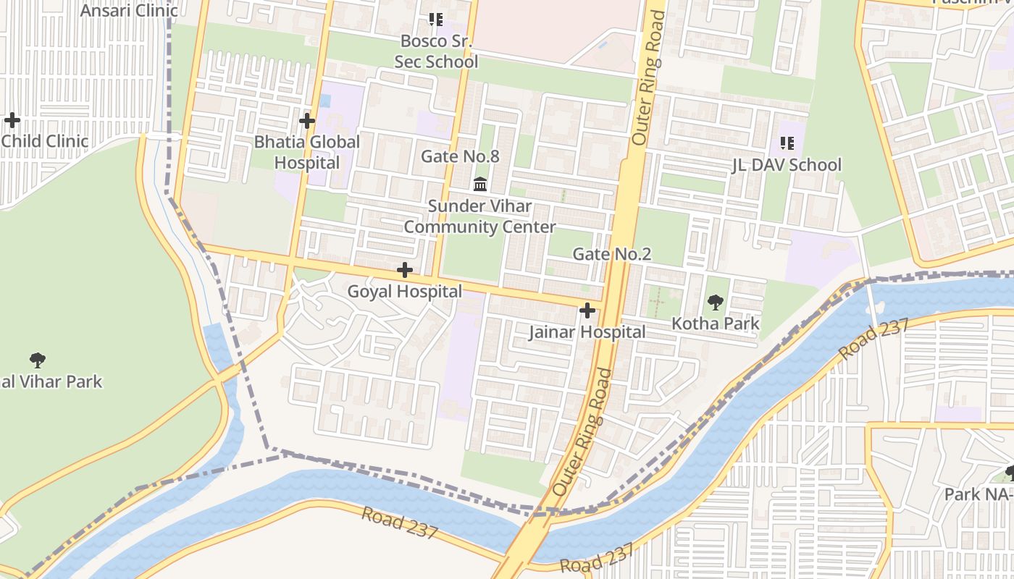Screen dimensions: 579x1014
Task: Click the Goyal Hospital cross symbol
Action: click(405, 271)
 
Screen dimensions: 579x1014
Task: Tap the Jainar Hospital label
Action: click(587, 332)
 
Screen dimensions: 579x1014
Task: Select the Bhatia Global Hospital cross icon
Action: click(307, 120)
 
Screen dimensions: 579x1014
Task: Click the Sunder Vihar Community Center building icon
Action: click(479, 185)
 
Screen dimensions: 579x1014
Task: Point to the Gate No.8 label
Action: click(461, 156)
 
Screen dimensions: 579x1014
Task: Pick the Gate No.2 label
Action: click(612, 254)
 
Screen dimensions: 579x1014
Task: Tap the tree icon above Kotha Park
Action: click(715, 303)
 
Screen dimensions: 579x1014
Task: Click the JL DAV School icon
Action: click(787, 144)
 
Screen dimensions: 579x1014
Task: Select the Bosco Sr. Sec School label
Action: click(436, 51)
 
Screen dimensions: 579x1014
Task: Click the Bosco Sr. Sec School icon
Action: click(436, 20)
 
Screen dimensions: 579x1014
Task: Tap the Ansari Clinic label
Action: click(129, 10)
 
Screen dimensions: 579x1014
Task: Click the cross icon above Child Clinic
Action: click(12, 120)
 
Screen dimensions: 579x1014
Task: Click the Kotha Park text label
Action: click(716, 324)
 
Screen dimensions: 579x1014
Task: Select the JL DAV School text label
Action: click(787, 165)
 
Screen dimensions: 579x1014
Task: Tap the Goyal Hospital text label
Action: click(405, 292)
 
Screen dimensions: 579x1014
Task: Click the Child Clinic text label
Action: click(45, 141)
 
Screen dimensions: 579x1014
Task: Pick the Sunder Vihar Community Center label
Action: click(479, 216)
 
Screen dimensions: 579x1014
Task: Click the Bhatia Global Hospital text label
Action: click(307, 152)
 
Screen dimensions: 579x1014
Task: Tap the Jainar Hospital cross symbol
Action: click(587, 311)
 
